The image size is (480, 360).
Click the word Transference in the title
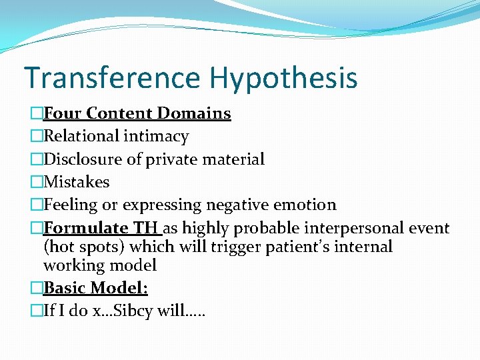coord(112,78)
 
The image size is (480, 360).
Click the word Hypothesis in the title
coord(283,78)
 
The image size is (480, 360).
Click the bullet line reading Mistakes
coord(76,182)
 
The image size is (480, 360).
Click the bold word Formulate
coord(86,228)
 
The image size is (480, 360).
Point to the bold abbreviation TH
coord(145,228)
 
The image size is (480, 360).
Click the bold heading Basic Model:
coord(95,288)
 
